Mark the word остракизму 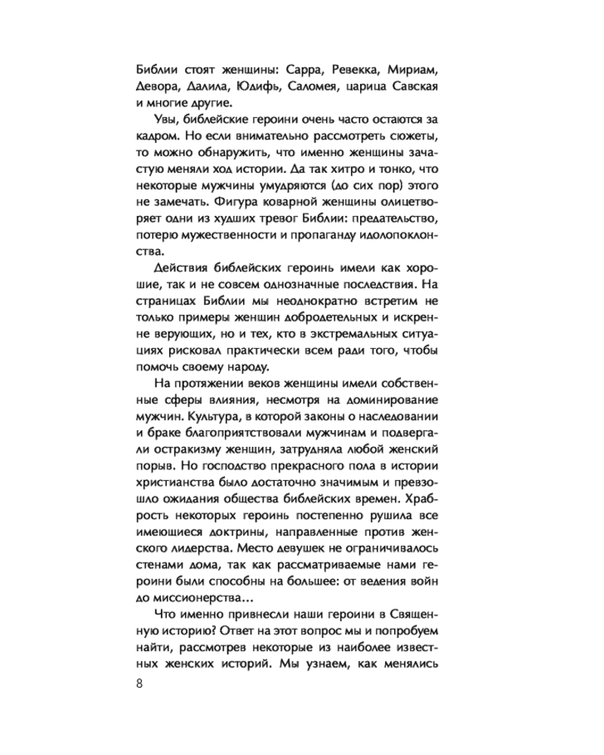coord(172,450)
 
